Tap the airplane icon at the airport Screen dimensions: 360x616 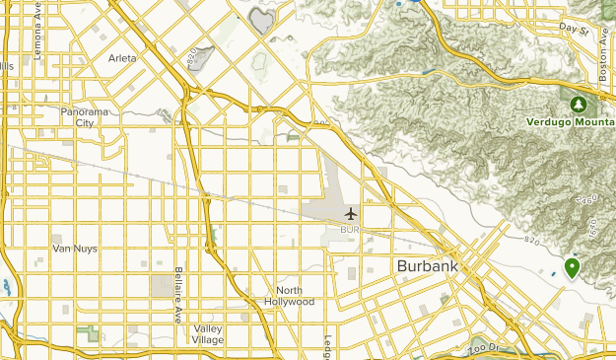pyautogui.click(x=350, y=213)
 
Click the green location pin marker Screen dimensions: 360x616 pyautogui.click(x=572, y=267)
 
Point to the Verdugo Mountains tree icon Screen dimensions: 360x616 pyautogui.click(x=579, y=105)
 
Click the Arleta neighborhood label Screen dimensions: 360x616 pyautogui.click(x=122, y=58)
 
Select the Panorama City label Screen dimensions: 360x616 pyautogui.click(x=91, y=117)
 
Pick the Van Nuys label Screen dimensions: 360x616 pyautogui.click(x=74, y=249)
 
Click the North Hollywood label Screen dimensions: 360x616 pyautogui.click(x=295, y=296)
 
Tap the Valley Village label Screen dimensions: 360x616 pyautogui.click(x=208, y=333)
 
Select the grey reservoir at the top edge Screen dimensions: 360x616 pyautogui.click(x=262, y=19)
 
